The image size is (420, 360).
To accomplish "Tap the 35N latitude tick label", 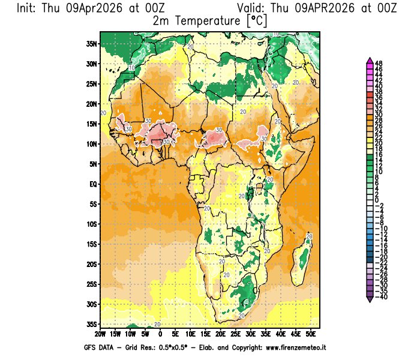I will [x=92, y=43].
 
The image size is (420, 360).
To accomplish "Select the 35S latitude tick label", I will [x=92, y=324].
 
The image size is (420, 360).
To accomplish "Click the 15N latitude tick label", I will [x=92, y=124].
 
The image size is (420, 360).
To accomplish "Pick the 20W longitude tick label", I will [x=100, y=333].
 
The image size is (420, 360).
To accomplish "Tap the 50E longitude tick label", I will [x=311, y=333].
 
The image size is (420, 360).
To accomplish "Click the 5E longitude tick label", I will [x=175, y=333].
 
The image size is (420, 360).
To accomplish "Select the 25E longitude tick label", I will [x=236, y=333].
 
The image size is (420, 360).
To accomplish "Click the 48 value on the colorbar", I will [x=379, y=63].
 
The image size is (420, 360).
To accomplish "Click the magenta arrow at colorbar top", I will [x=369, y=60].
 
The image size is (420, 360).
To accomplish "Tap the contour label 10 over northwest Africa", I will [x=131, y=68].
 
